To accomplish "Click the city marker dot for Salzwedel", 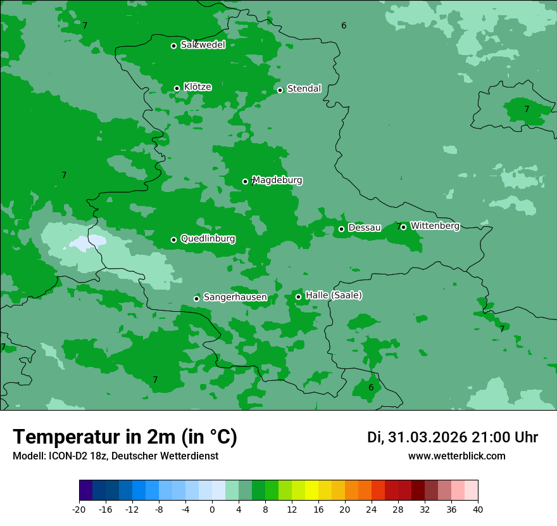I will [173, 46].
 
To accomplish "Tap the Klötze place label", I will [197, 87].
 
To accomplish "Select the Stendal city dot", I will [280, 90].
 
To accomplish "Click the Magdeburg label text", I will [277, 181].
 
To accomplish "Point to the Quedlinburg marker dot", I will [173, 240].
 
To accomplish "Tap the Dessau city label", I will [365, 228].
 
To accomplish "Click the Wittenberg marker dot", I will [403, 227].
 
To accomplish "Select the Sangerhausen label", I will [235, 297].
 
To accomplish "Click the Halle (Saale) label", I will [334, 295].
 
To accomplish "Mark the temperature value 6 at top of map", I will [344, 25].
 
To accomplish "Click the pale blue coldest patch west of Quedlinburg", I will [87, 242].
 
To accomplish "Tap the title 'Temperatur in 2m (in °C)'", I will [125, 437].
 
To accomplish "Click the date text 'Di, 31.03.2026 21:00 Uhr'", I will [453, 437].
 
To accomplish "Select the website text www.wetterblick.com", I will [456, 456].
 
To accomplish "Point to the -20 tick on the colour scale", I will [79, 509].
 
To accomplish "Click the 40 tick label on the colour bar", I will [477, 509].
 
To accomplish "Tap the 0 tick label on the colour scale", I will [212, 509].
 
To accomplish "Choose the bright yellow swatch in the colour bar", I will [311, 491].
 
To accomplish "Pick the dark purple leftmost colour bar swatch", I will [86, 491].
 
